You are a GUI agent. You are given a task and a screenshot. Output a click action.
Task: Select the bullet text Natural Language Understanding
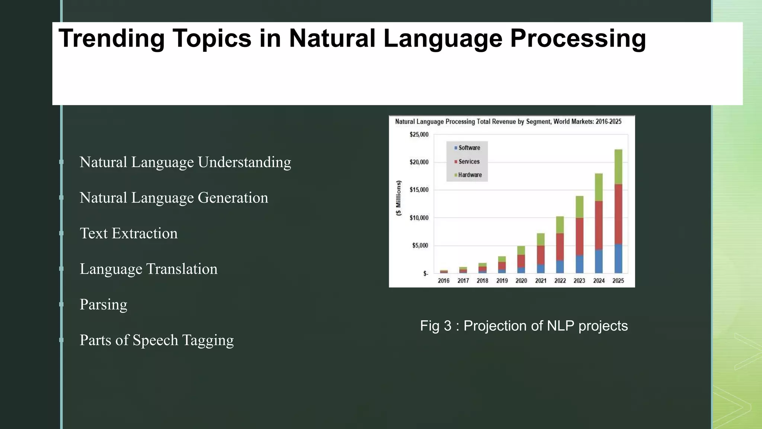pyautogui.click(x=185, y=162)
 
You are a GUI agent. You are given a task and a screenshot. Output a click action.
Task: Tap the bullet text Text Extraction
pyautogui.click(x=128, y=233)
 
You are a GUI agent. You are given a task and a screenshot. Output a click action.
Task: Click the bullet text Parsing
pyautogui.click(x=103, y=305)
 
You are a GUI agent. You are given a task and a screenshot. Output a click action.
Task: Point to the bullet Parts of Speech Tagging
pyautogui.click(x=157, y=340)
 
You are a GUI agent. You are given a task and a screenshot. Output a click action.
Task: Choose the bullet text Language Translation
pyautogui.click(x=148, y=269)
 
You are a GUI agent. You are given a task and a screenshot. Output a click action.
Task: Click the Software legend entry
pyautogui.click(x=469, y=148)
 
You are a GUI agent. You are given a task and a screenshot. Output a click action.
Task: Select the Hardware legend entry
pyautogui.click(x=470, y=175)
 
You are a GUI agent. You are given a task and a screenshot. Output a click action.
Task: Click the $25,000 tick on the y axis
pyautogui.click(x=419, y=134)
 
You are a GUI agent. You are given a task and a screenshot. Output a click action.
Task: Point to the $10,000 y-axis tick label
pyautogui.click(x=419, y=218)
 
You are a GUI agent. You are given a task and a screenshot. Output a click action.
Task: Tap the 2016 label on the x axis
pyautogui.click(x=444, y=281)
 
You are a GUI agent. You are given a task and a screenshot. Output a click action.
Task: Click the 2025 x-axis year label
pyautogui.click(x=618, y=281)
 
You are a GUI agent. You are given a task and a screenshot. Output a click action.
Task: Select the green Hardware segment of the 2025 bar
pyautogui.click(x=618, y=167)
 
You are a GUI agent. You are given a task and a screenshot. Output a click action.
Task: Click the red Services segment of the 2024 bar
pyautogui.click(x=599, y=225)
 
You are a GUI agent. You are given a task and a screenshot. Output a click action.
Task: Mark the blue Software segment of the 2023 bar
pyautogui.click(x=579, y=264)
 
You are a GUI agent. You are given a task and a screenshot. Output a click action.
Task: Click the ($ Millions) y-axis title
pyautogui.click(x=398, y=198)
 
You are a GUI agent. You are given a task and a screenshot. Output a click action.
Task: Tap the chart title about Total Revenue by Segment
pyautogui.click(x=508, y=122)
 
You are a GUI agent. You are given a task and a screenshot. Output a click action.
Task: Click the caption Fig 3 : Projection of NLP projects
pyautogui.click(x=524, y=326)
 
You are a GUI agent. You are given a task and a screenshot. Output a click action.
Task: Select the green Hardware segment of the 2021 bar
pyautogui.click(x=541, y=239)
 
